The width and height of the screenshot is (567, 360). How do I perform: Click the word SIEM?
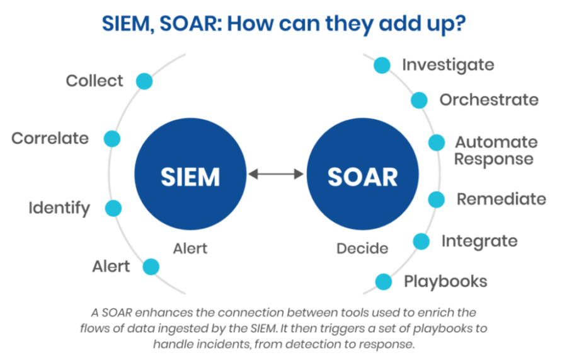(190, 177)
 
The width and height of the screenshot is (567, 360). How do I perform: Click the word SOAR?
(362, 177)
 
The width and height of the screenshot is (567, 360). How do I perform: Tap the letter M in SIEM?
(209, 177)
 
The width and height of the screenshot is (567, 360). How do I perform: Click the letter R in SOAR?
(389, 177)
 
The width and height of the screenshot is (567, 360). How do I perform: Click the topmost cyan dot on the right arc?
(380, 64)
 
